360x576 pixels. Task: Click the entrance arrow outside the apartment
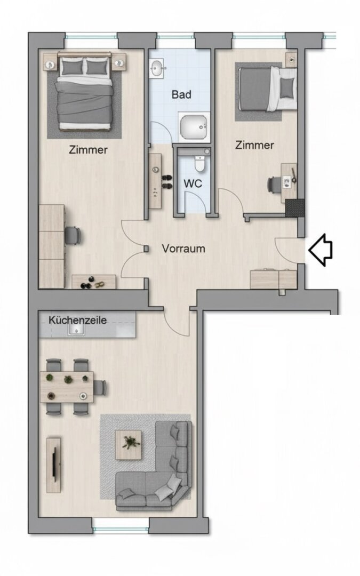tap(321, 249)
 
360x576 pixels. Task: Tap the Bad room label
tap(181, 95)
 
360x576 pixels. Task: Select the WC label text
tap(193, 183)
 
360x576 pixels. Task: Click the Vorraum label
tap(183, 249)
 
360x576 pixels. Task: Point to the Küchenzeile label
tap(78, 321)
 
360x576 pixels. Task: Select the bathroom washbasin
tap(157, 69)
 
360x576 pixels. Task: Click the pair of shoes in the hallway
tap(166, 182)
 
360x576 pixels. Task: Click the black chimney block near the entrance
tap(294, 207)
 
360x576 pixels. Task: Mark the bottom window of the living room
tap(120, 529)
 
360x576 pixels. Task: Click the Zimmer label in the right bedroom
tap(254, 145)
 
